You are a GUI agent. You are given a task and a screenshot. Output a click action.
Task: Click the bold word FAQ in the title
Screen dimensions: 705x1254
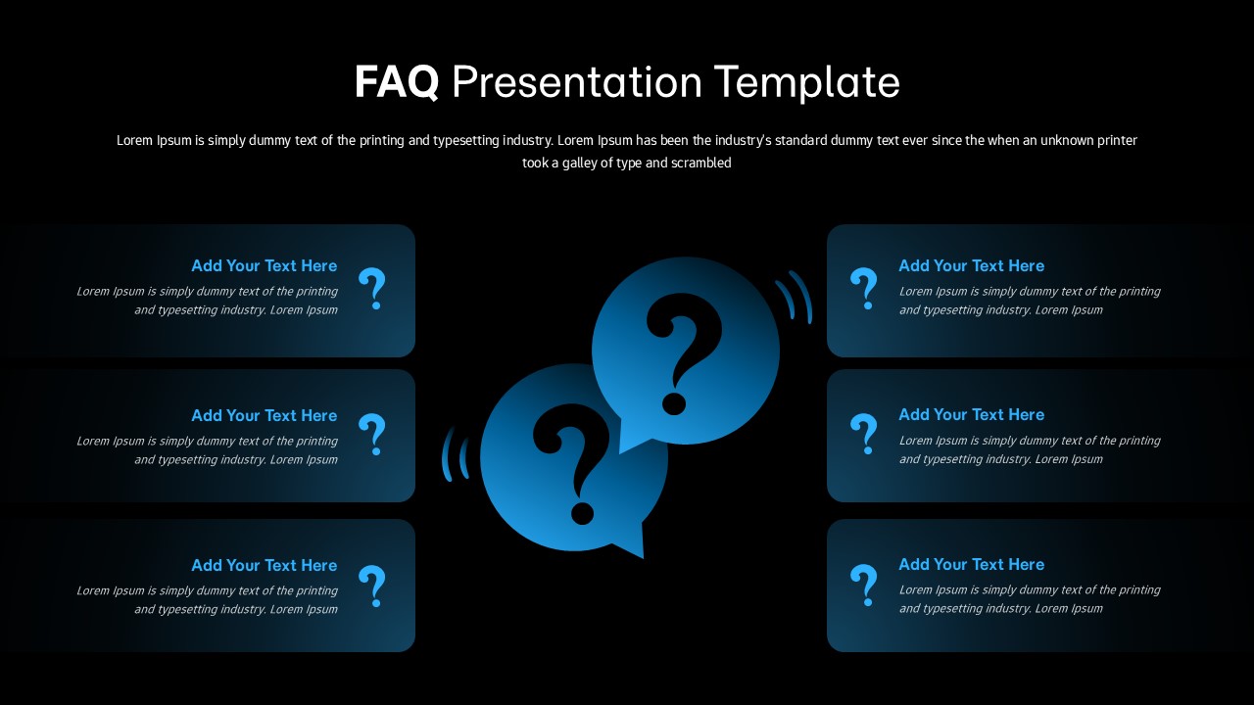396,82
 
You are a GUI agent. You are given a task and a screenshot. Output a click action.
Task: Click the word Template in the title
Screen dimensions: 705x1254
806,82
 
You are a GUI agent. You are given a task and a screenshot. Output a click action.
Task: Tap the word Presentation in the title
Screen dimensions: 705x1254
577,82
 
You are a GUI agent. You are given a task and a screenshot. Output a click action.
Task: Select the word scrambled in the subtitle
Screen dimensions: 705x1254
700,164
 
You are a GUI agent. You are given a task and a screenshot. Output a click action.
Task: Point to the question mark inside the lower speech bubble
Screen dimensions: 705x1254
573,460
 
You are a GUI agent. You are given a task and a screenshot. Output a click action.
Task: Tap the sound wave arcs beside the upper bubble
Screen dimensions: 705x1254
796,296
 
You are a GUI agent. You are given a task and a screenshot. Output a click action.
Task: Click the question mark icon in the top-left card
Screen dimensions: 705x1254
372,289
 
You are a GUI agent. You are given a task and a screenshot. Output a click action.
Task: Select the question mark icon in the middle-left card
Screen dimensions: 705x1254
372,434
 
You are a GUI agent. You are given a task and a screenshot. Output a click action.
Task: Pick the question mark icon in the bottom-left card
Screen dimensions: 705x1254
372,586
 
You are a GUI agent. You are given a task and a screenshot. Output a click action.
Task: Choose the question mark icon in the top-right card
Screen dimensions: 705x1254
863,289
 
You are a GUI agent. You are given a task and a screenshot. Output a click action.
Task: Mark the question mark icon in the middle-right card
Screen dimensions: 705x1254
863,433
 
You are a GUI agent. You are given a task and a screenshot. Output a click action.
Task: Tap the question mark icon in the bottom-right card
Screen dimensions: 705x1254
863,585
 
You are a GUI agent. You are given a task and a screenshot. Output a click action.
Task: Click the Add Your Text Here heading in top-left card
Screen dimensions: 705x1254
264,265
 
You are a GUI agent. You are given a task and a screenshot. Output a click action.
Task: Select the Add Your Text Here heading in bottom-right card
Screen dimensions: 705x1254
971,564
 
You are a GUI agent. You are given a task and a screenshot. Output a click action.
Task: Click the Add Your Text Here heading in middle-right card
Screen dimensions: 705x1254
971,414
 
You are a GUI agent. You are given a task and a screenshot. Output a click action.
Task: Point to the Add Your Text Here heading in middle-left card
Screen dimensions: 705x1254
264,415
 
